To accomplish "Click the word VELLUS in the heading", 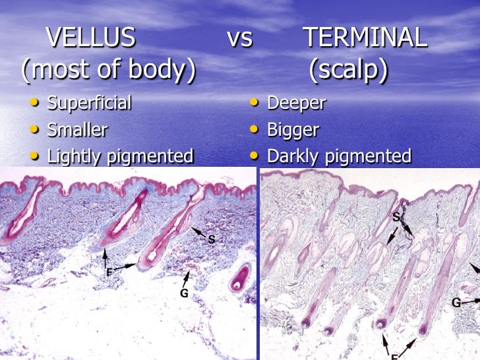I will click(91, 39).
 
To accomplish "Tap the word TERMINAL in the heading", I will click(365, 39).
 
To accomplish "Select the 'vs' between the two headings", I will click(240, 40).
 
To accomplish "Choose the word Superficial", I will click(89, 104).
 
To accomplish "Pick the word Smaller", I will click(77, 130).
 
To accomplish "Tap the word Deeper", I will click(296, 104).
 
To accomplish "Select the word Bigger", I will click(293, 130).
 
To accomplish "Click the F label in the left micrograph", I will click(109, 272).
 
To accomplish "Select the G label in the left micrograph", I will click(184, 293).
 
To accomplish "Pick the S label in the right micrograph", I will click(397, 216).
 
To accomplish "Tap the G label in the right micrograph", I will click(456, 303).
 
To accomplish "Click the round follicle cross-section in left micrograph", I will click(240, 278).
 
